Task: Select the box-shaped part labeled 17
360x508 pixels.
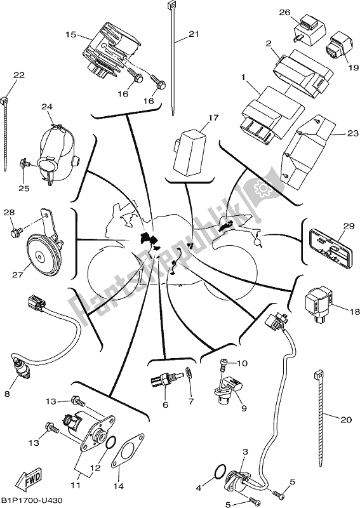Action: (x=189, y=150)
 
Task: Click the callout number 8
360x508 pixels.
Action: (x=8, y=394)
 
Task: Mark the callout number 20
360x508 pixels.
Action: (x=345, y=420)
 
